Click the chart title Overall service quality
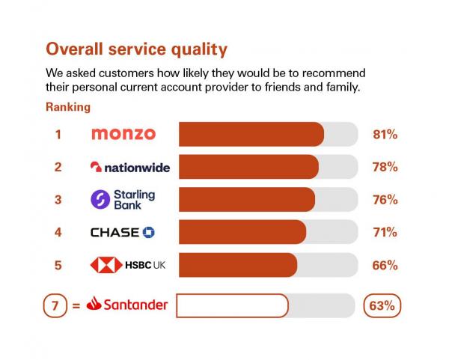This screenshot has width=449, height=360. [136, 49]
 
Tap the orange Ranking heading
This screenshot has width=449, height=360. [68, 107]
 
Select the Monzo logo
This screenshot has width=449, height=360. [123, 134]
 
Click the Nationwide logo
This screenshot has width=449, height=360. [129, 167]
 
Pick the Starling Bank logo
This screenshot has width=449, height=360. [123, 199]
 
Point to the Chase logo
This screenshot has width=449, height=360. [123, 232]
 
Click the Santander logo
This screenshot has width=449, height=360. [127, 305]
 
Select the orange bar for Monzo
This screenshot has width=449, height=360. [251, 134]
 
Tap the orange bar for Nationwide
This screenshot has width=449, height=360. [248, 167]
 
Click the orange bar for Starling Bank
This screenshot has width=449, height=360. [246, 199]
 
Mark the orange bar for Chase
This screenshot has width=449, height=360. [242, 232]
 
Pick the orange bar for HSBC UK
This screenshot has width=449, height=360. [237, 265]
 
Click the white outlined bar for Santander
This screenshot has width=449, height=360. [231, 305]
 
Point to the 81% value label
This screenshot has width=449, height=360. [385, 135]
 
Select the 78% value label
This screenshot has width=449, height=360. [385, 167]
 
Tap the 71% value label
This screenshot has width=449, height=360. [385, 232]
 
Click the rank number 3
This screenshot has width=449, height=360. [58, 200]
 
